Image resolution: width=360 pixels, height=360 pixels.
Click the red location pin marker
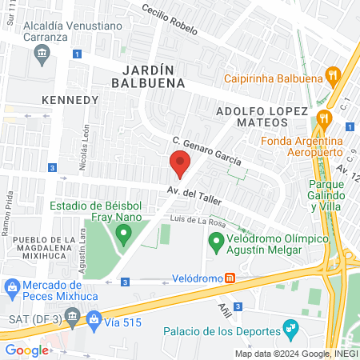180,165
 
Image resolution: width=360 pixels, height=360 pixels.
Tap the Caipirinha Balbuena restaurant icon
334,78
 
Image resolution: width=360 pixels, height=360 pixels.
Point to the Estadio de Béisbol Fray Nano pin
123,234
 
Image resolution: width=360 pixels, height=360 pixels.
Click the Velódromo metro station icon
230,278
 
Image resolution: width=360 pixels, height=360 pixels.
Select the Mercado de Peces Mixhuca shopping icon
13,286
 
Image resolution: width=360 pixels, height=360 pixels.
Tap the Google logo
26,350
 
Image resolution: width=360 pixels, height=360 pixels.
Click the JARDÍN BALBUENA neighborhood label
148,75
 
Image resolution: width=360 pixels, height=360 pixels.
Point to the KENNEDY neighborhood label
70,101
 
